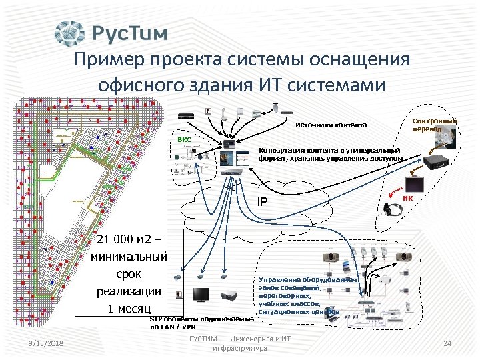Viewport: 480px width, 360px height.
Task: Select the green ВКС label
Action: [184, 140]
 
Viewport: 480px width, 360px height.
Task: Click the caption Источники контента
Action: [331, 125]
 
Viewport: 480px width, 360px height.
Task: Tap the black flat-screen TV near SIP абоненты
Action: [201, 295]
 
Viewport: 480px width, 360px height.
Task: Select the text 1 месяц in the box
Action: [129, 308]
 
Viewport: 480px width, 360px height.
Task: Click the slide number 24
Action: [447, 343]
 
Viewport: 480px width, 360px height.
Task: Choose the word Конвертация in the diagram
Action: [281, 150]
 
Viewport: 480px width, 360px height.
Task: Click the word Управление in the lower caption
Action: [277, 281]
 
